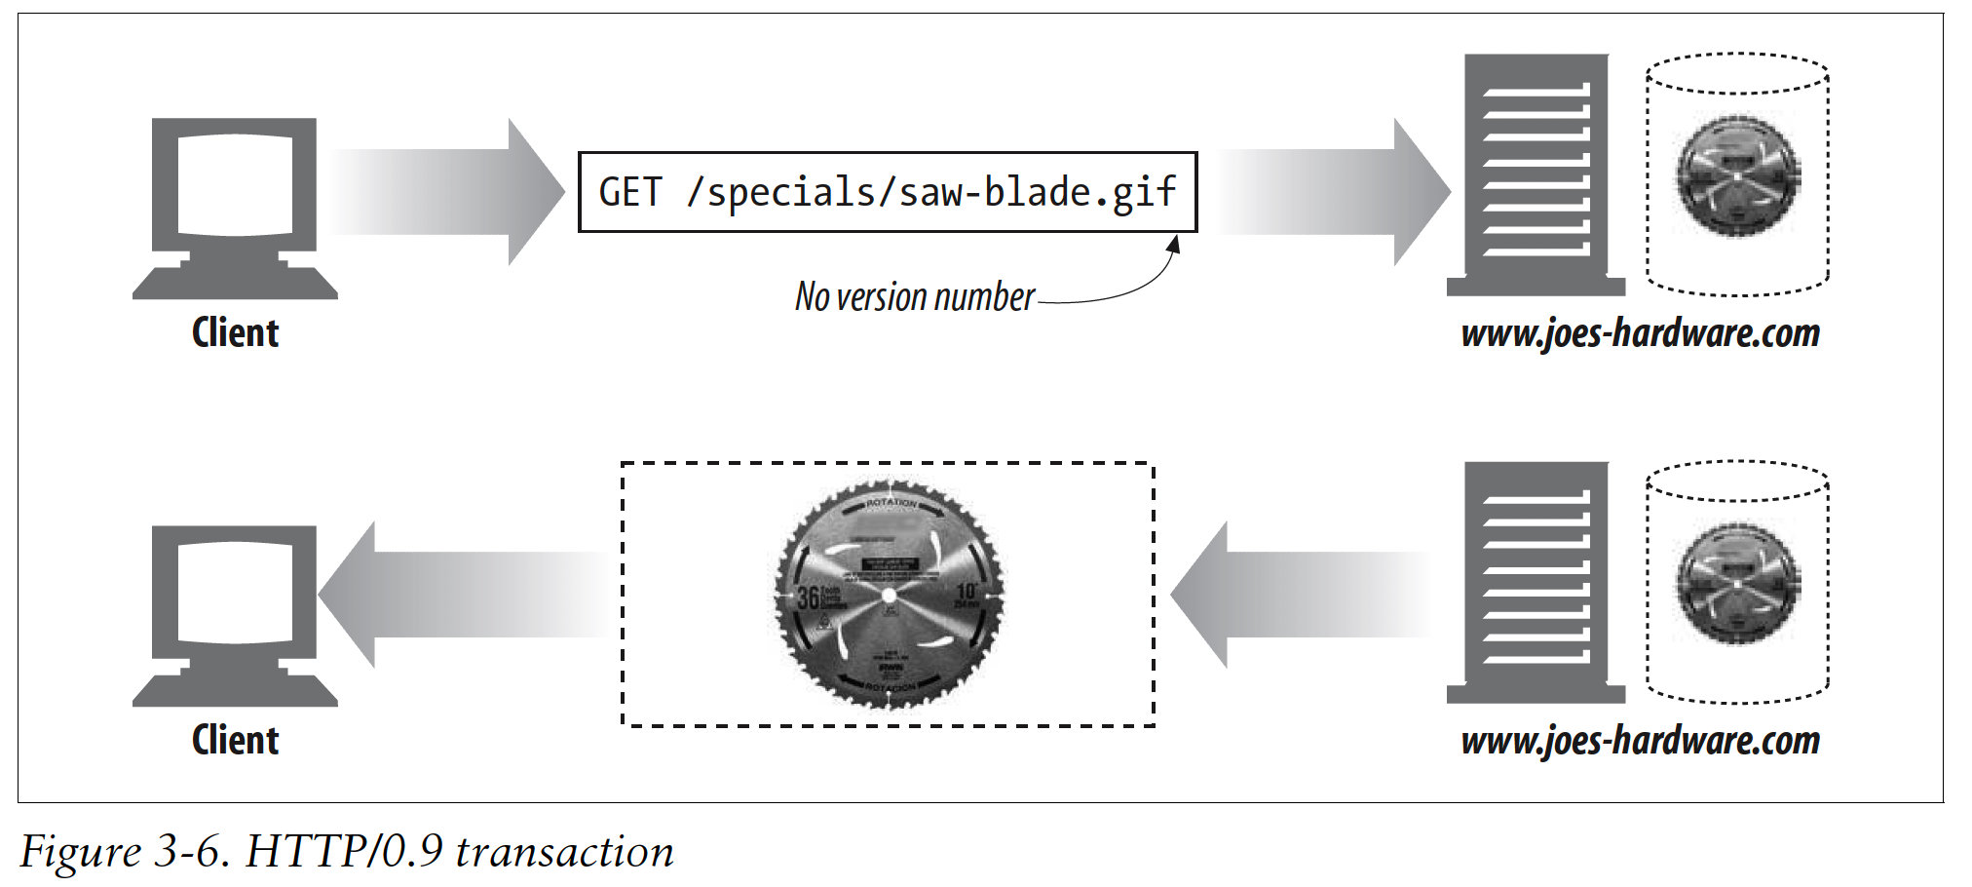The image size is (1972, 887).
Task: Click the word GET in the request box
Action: coord(630,192)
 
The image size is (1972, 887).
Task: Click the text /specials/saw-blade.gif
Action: coord(931,192)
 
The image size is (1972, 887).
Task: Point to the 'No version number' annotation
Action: coord(914,296)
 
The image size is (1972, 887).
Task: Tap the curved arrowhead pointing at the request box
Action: coord(1174,244)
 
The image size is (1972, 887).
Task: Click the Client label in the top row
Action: coord(235,333)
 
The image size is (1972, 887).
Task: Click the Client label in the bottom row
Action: coord(235,741)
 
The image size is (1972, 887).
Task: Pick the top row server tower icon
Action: coord(1536,175)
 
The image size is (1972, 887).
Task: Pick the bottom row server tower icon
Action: coord(1536,583)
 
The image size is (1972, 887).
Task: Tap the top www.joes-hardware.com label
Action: coord(1640,333)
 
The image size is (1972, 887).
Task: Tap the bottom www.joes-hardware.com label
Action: coord(1640,741)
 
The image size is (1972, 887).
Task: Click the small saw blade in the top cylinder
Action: coord(1737,176)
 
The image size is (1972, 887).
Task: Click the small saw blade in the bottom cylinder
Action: coord(1737,584)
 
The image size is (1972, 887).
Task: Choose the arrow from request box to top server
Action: coord(1333,192)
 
